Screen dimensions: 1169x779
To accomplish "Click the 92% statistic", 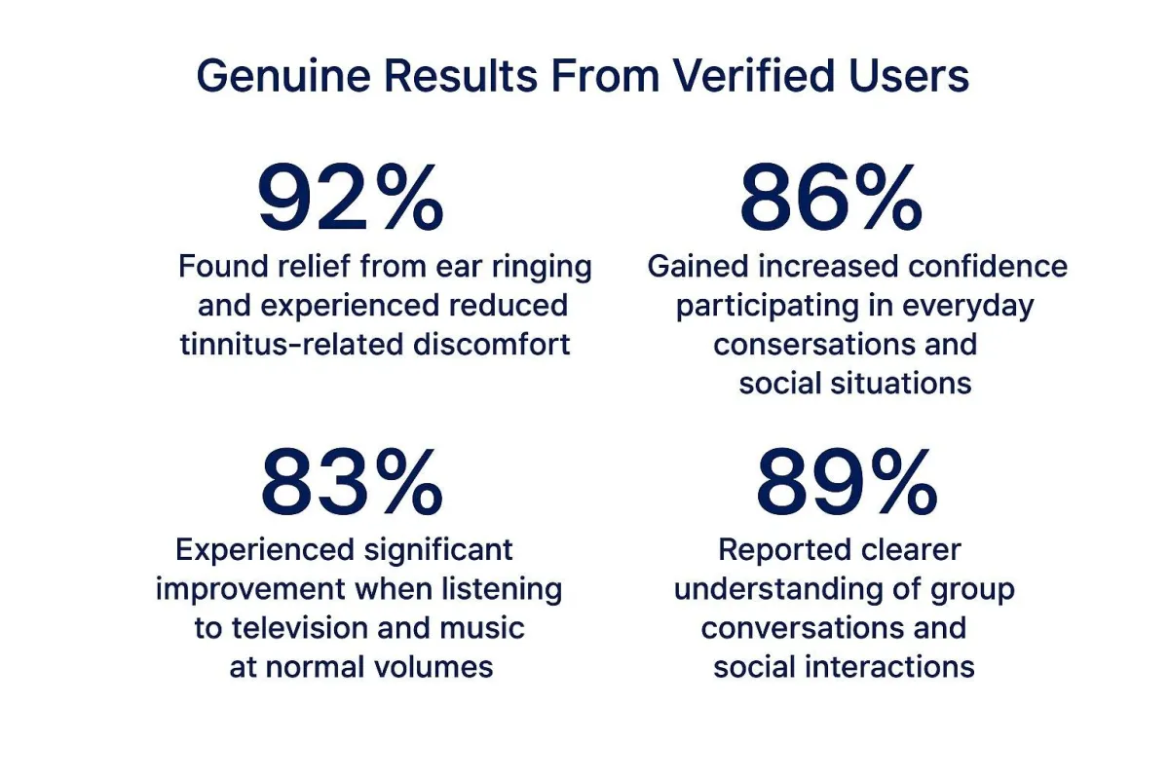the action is point(350,197).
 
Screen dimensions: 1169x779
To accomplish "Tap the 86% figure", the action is point(831,197).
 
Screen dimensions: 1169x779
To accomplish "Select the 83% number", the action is point(352,482).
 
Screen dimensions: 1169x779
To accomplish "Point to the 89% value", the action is point(847,482).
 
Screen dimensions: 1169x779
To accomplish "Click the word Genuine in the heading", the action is point(283,76).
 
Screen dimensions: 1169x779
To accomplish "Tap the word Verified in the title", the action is point(754,76).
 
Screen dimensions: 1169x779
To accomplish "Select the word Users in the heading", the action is point(909,76).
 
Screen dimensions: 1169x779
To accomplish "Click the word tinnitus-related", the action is point(291,345).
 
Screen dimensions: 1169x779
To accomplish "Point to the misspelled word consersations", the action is point(814,345).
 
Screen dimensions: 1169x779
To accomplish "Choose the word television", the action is point(300,628).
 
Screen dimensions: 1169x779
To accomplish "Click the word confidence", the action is point(988,266).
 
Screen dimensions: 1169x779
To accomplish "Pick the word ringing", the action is point(542,267).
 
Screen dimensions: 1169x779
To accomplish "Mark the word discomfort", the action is point(492,345).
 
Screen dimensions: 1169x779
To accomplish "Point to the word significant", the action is point(438,550).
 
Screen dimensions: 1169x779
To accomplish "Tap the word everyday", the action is point(968,307).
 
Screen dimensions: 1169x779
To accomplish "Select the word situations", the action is point(901,384).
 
